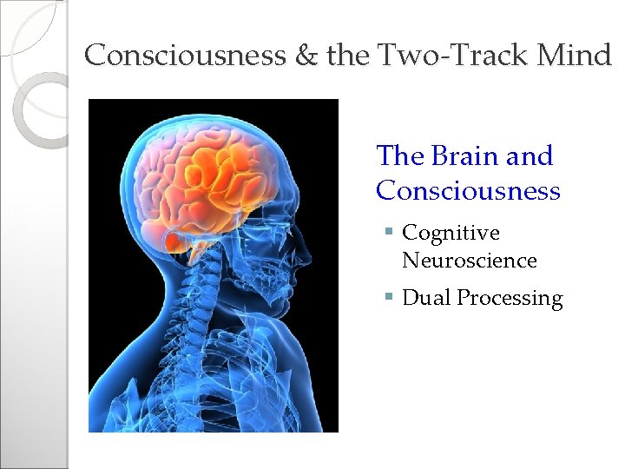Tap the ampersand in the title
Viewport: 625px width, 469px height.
(x=309, y=56)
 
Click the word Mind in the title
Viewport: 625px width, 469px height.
(x=576, y=56)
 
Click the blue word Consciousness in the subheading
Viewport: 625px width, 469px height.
(x=468, y=190)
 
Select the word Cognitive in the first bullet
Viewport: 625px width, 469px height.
(x=451, y=233)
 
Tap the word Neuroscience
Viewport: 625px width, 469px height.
(x=470, y=260)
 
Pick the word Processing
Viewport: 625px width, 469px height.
(x=510, y=299)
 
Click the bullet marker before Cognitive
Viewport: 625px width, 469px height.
(x=391, y=233)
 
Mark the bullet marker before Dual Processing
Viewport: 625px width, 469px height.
(x=391, y=298)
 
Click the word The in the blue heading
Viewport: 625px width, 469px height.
(x=398, y=156)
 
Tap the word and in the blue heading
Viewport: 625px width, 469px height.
(x=529, y=156)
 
